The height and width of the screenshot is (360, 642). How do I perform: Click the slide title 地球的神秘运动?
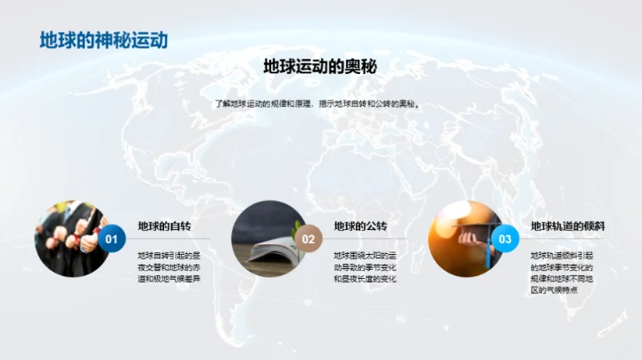click(104, 41)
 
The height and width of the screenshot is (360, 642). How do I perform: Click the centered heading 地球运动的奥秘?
click(321, 67)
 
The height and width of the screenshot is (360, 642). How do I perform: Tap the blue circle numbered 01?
click(111, 239)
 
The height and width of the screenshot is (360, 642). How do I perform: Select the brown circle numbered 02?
click(309, 239)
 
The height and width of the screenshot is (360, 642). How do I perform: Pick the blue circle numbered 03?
click(506, 239)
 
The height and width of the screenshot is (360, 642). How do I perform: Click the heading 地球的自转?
click(164, 226)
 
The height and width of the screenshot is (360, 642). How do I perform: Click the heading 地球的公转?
click(360, 226)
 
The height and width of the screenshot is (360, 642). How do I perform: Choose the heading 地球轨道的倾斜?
click(568, 226)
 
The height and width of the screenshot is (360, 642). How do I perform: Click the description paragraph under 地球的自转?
click(169, 267)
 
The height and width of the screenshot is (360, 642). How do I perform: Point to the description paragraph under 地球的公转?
click(366, 267)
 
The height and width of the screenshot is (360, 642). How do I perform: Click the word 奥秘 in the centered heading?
click(363, 67)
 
